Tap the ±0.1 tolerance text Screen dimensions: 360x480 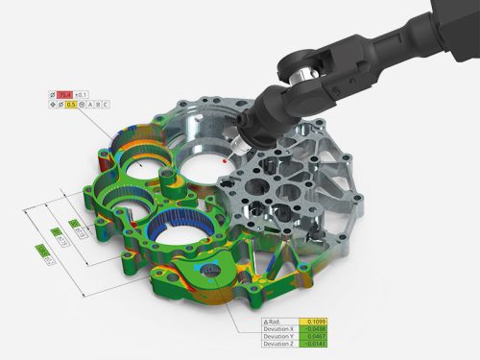click(x=84, y=94)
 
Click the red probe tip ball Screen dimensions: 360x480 click(x=225, y=162)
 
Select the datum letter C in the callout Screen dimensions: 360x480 click(x=107, y=104)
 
